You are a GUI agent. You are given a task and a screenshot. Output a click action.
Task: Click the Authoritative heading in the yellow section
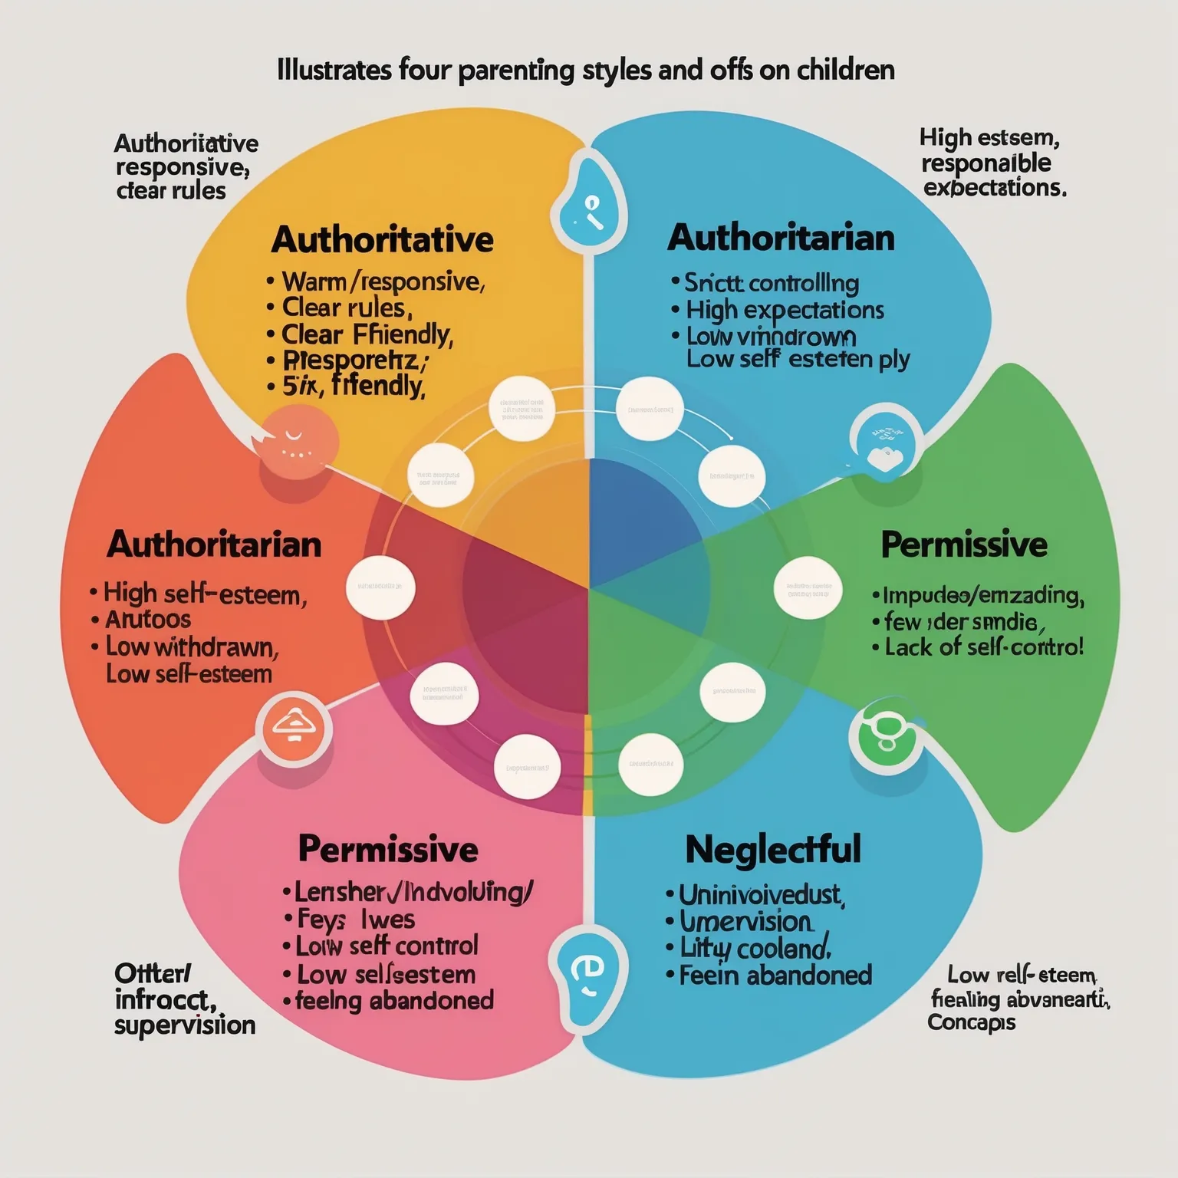(382, 240)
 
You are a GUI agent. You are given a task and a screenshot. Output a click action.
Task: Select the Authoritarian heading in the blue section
(781, 239)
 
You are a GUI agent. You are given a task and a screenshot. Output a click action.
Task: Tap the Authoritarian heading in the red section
(214, 545)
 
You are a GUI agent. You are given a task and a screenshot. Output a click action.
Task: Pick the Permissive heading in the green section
(963, 545)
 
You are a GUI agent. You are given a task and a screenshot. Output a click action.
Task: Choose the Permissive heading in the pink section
(387, 850)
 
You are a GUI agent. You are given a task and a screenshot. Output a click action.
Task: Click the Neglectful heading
(773, 850)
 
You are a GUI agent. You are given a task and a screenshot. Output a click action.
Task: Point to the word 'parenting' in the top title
(516, 71)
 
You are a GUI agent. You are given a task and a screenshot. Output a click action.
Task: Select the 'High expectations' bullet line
(785, 311)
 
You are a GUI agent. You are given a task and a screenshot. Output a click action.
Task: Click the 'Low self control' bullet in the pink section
(387, 946)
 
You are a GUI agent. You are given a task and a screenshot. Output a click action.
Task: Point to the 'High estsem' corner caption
(989, 139)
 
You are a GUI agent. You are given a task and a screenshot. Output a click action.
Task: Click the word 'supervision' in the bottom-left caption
(185, 1025)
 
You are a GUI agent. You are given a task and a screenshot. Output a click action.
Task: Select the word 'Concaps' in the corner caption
(971, 1022)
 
